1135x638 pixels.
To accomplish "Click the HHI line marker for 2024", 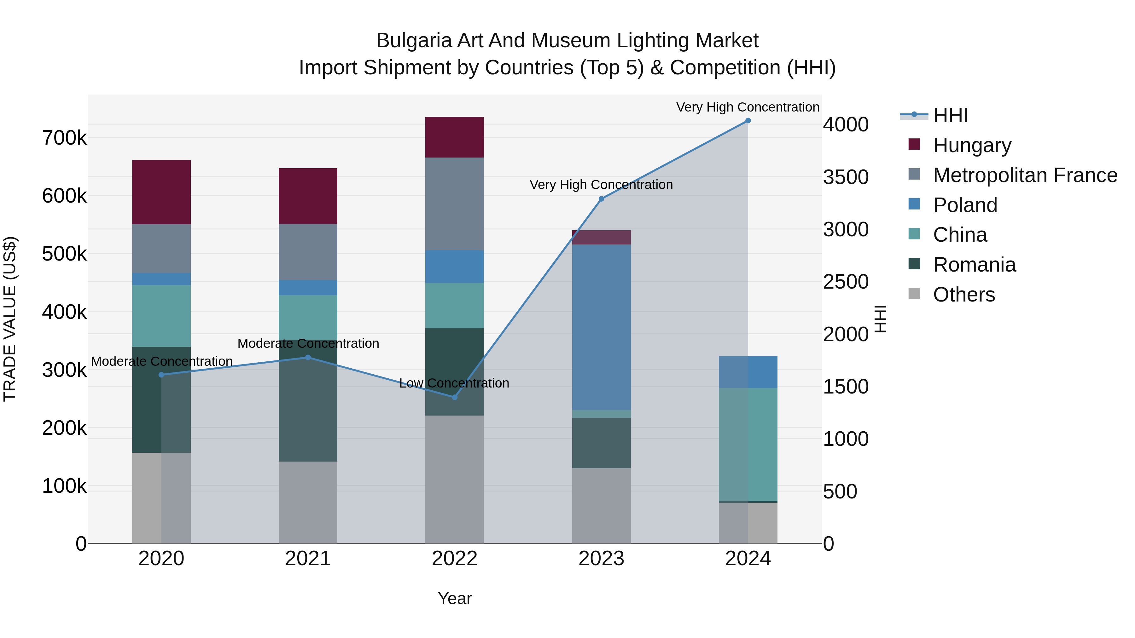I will pos(748,121).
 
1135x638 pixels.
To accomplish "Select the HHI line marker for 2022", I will pos(455,397).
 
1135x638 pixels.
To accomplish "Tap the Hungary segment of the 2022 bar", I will pos(454,137).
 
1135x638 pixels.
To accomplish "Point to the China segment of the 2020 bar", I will pos(161,316).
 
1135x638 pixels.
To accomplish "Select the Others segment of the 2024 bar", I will pos(748,523).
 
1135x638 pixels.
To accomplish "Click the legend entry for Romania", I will pos(974,265).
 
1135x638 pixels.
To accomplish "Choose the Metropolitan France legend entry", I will pos(1024,175).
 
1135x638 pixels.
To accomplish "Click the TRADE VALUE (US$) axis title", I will pos(10,319).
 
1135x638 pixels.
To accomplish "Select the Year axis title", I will pos(454,598).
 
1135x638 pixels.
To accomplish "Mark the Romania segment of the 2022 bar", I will pos(454,371).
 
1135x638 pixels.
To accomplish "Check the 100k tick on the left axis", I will pos(64,486).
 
